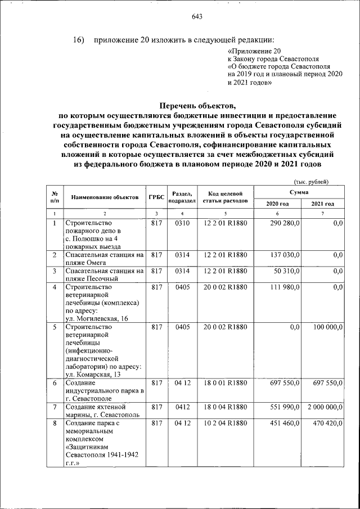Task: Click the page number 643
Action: coord(196,16)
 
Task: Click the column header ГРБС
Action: coord(156,197)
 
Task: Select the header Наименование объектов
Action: coord(104,197)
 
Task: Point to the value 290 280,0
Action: coord(286,224)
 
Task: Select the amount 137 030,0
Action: coord(286,255)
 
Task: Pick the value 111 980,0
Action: coord(286,287)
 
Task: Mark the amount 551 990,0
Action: coord(286,407)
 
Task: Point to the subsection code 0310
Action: coord(183,224)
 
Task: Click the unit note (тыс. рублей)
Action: coord(311,181)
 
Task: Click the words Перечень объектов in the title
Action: coord(196,105)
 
